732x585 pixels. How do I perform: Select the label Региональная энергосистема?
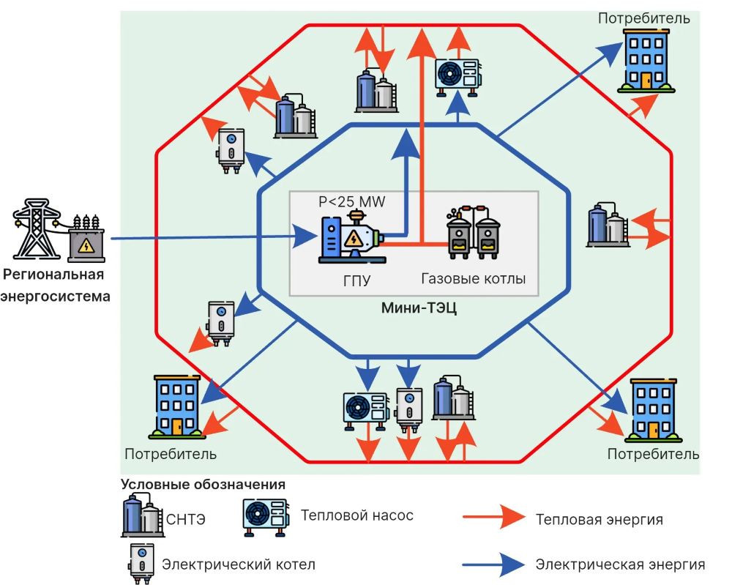(x=55, y=286)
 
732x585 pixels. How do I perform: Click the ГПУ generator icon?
(x=351, y=237)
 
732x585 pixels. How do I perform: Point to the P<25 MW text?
(x=352, y=201)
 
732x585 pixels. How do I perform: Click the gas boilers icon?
(x=474, y=232)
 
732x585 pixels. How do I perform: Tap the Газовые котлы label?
(x=474, y=279)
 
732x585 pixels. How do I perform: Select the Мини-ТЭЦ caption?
(x=419, y=308)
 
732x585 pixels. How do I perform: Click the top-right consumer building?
(x=646, y=61)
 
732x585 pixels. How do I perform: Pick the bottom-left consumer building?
(x=177, y=406)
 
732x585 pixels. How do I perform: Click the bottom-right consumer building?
(x=653, y=411)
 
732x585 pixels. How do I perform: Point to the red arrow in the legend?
(x=494, y=517)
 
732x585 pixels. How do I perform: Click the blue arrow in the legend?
(x=494, y=564)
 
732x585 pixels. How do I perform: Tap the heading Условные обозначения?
(x=203, y=485)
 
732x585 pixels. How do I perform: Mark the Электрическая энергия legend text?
(x=620, y=564)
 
